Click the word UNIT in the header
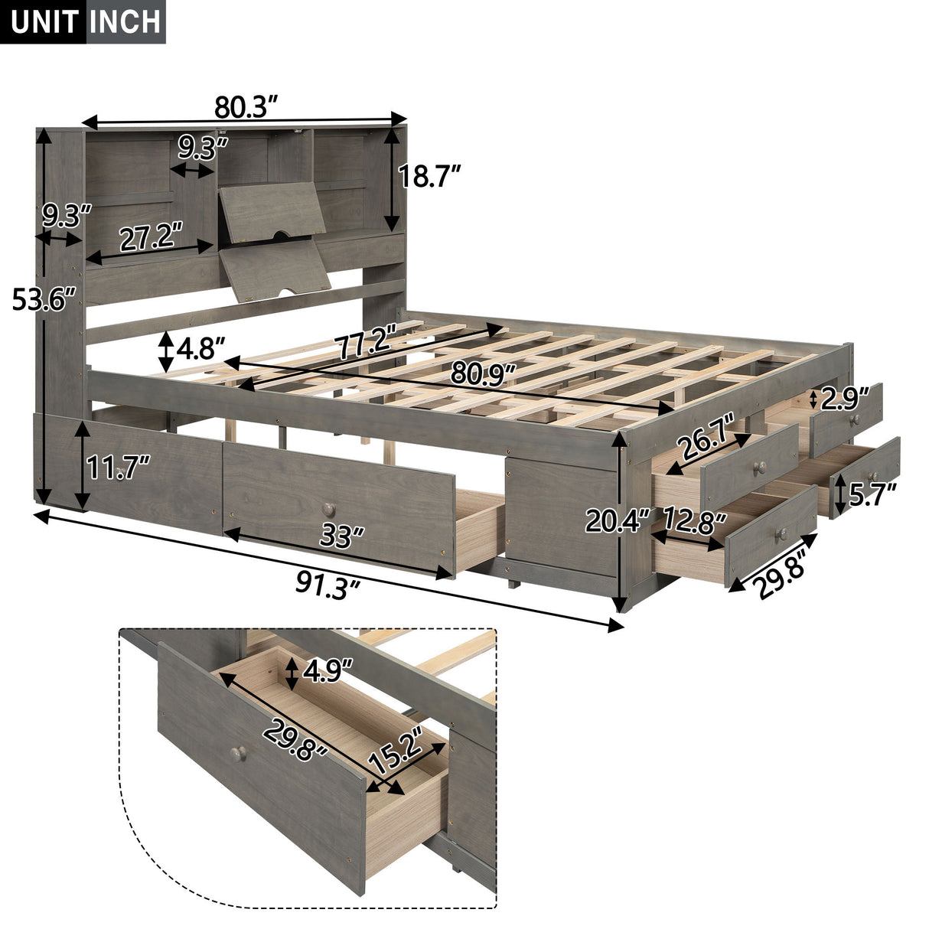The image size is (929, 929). [x=44, y=22]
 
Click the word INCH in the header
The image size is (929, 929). [x=125, y=22]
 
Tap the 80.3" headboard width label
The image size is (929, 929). [x=245, y=108]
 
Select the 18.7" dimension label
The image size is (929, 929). [x=429, y=178]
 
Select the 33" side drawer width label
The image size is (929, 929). [x=340, y=536]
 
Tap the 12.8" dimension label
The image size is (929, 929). [x=694, y=523]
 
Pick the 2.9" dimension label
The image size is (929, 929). [x=845, y=398]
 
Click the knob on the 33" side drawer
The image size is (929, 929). [x=328, y=508]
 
